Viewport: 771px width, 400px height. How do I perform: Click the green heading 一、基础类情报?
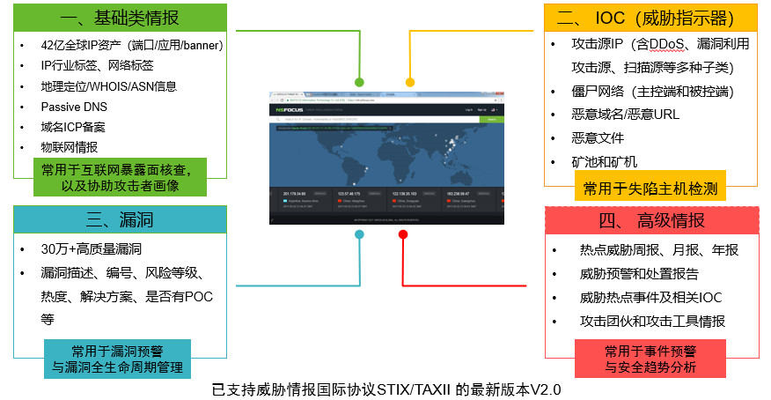120,18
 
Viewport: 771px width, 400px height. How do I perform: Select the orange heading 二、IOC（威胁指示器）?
650,18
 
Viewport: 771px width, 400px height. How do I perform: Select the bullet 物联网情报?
70,147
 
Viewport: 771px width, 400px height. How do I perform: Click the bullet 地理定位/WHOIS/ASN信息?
108,86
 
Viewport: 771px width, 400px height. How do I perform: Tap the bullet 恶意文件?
598,138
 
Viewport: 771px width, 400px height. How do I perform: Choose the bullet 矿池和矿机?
604,161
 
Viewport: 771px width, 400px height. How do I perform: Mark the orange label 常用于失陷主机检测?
650,188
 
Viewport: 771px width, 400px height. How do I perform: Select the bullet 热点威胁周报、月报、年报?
658,250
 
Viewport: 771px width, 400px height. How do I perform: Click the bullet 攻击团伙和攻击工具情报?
652,322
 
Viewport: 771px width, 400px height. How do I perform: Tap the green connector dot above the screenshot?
360,82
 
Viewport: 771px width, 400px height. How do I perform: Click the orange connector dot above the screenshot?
410,82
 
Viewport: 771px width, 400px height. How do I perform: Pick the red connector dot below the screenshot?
402,234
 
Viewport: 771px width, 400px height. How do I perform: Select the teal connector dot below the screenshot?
359,234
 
